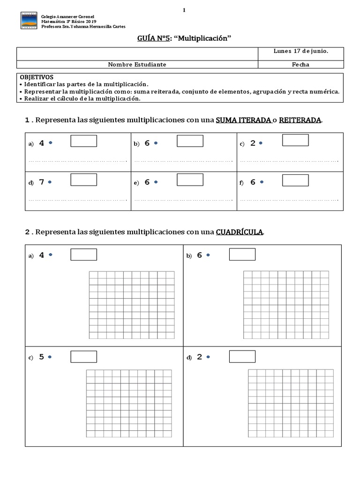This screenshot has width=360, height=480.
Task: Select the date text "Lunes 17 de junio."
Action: [300, 52]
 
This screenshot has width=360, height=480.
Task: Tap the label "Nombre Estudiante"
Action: [137, 65]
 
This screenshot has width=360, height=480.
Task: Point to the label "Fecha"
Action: [300, 65]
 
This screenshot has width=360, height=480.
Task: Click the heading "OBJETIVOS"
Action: [37, 77]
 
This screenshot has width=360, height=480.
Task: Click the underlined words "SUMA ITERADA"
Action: [243, 120]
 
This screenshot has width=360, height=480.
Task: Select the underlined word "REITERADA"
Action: [300, 120]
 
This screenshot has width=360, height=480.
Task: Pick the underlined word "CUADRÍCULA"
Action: [240, 232]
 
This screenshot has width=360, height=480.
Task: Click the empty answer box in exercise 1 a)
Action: [83, 141]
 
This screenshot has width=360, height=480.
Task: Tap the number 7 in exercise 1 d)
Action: [42, 182]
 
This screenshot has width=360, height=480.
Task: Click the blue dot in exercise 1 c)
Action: [261, 142]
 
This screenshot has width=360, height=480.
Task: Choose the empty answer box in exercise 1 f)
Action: [295, 180]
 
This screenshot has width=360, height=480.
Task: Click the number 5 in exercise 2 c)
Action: [42, 357]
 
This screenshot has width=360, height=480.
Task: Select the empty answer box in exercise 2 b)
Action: [242, 255]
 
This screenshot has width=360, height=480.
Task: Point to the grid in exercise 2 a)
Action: [132, 305]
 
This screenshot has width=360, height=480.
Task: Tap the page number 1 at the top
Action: [184, 10]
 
